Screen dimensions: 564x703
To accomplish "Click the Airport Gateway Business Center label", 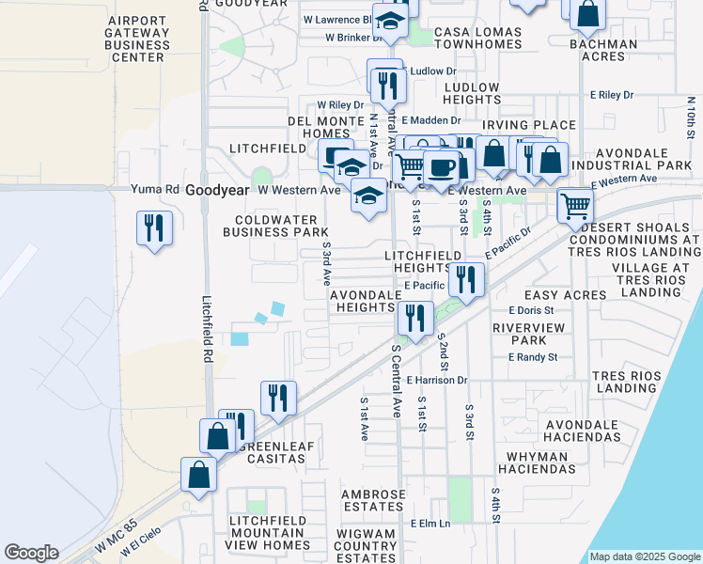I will (x=139, y=39).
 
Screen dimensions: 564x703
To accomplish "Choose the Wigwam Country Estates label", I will (x=366, y=545).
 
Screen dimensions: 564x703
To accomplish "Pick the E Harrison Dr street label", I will (x=436, y=380).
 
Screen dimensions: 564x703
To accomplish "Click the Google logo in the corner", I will (x=32, y=553).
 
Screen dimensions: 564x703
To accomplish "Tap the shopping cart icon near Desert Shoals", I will (x=574, y=205).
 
